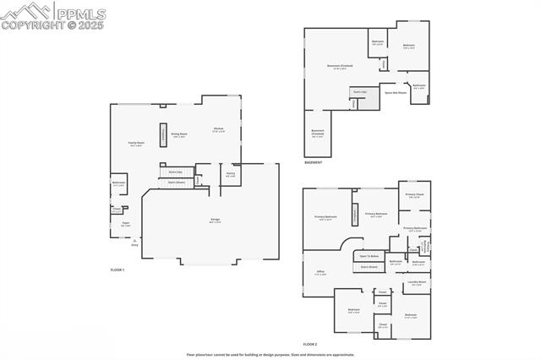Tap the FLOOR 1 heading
coord(117,269)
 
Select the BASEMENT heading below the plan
coord(313,162)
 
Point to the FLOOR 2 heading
coord(310,344)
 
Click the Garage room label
coord(216,221)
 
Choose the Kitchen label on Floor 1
coord(218,129)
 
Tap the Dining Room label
coord(179,134)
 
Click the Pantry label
coord(230,175)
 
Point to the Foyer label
coord(125,225)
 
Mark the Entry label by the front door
coord(134,245)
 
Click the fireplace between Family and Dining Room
coord(163,135)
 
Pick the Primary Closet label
coord(414,196)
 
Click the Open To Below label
coord(369,255)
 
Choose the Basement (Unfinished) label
coord(317,132)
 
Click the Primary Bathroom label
coord(414,229)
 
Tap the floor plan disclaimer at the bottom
coord(270,354)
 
